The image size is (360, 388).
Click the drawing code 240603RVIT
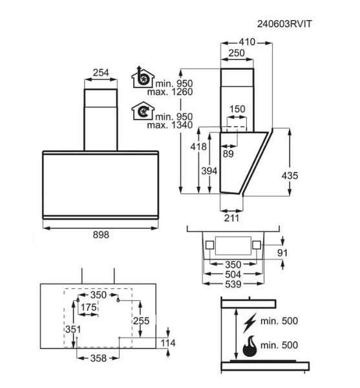pyautogui.click(x=284, y=24)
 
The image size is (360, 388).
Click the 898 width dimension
pyautogui.click(x=101, y=235)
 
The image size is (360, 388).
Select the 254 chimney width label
pyautogui.click(x=101, y=72)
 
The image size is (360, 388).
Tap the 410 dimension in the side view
pyautogui.click(x=247, y=42)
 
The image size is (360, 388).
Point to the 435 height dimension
pyautogui.click(x=290, y=176)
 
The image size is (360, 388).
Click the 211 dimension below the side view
pyautogui.click(x=231, y=218)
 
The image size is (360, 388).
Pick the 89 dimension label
pyautogui.click(x=228, y=154)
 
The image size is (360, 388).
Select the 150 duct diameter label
pyautogui.click(x=237, y=109)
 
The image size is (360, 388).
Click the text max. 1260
pyautogui.click(x=170, y=92)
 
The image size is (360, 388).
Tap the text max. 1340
pyautogui.click(x=170, y=125)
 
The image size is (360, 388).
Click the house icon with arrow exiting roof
pyautogui.click(x=143, y=77)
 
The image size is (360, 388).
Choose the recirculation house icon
pyautogui.click(x=143, y=111)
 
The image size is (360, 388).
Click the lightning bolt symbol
pyautogui.click(x=250, y=323)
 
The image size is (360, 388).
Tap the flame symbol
pyautogui.click(x=250, y=346)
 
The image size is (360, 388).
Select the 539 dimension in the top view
pyautogui.click(x=233, y=285)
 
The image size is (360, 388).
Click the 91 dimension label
pyautogui.click(x=282, y=253)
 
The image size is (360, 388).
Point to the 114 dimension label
pyautogui.click(x=168, y=343)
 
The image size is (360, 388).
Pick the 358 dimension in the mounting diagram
pyautogui.click(x=98, y=358)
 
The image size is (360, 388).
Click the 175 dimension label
pyautogui.click(x=89, y=307)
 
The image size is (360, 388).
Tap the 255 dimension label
pyautogui.click(x=142, y=321)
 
